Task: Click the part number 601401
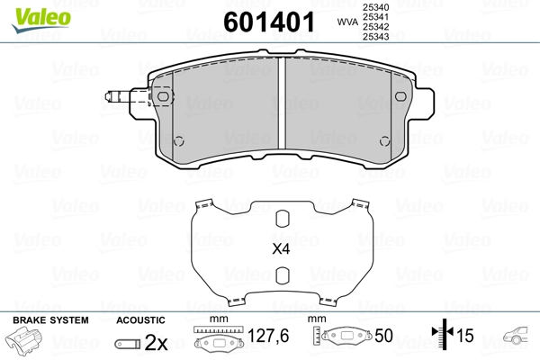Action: [x=269, y=22]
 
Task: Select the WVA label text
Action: [x=347, y=22]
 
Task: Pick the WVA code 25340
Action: [x=375, y=7]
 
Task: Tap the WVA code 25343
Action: [x=375, y=36]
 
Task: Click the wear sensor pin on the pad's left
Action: [x=118, y=97]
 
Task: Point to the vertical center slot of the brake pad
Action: [x=282, y=103]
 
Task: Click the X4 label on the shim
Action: [x=281, y=248]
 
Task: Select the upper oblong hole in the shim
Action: [x=283, y=219]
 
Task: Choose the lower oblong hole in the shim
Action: [x=283, y=275]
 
